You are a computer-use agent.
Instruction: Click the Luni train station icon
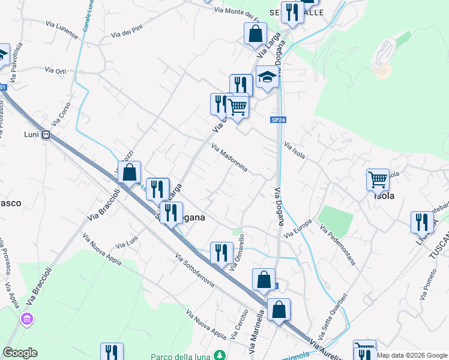[x=46, y=136]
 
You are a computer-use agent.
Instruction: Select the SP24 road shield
[x=277, y=120]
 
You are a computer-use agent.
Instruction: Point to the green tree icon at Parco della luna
[x=220, y=356]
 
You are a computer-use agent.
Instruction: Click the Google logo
[x=20, y=353]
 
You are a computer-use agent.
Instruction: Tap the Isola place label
[x=384, y=196]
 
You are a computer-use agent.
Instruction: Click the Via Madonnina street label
[x=229, y=157]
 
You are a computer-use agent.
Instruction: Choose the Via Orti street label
[x=56, y=71]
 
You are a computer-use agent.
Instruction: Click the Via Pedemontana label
[x=338, y=245]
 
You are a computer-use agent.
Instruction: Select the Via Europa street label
[x=298, y=229]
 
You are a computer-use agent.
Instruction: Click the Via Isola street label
[x=295, y=151]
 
